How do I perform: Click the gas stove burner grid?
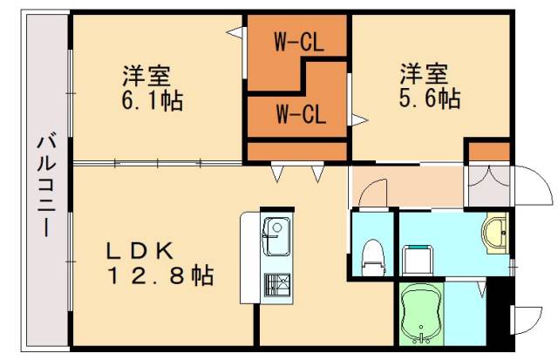click(x=277, y=285)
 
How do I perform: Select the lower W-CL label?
click(x=301, y=112)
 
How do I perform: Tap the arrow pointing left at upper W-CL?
click(x=234, y=33)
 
